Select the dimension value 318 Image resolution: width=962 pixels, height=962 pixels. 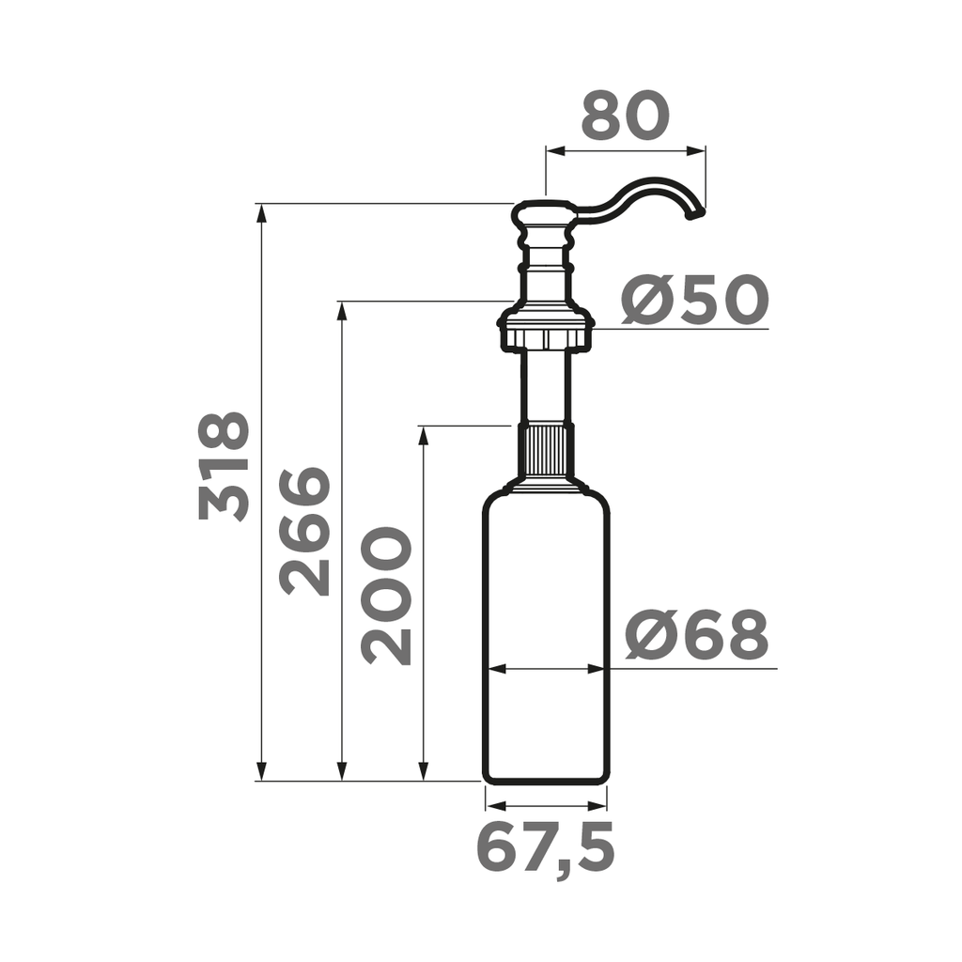pyautogui.click(x=225, y=467)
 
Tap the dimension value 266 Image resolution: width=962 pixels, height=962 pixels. pyautogui.click(x=306, y=532)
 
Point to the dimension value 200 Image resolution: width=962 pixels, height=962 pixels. pyautogui.click(x=387, y=596)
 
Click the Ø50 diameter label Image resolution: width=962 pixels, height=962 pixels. pyautogui.click(x=695, y=302)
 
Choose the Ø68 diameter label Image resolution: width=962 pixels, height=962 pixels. pyautogui.click(x=697, y=636)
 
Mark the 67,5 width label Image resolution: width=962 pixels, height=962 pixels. pyautogui.click(x=546, y=848)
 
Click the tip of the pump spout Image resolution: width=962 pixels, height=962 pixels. pyautogui.click(x=696, y=215)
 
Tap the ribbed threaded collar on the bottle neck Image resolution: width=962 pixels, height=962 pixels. pyautogui.click(x=546, y=450)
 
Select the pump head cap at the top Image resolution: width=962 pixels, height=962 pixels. pyautogui.click(x=543, y=215)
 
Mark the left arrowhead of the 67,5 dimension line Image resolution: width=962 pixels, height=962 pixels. pyautogui.click(x=493, y=806)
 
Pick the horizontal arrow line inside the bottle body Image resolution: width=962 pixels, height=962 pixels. pyautogui.click(x=546, y=669)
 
